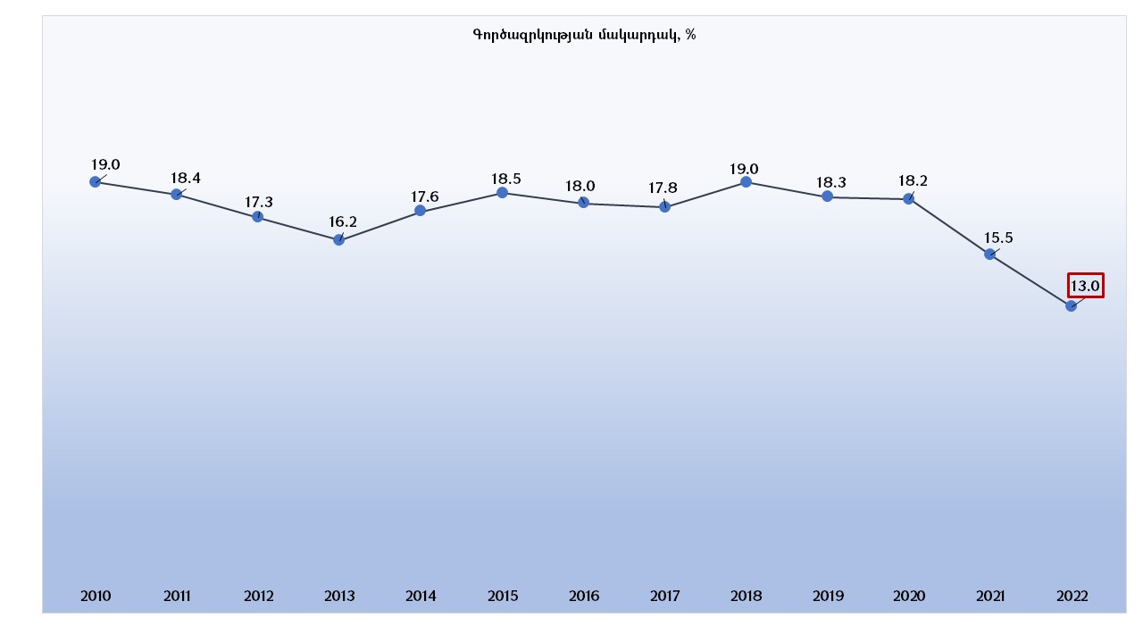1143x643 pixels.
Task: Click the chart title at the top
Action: pyautogui.click(x=584, y=35)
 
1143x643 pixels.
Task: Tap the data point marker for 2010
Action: pyautogui.click(x=95, y=182)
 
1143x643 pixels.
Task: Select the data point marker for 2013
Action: pyautogui.click(x=338, y=239)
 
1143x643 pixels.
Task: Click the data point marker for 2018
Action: pyautogui.click(x=746, y=182)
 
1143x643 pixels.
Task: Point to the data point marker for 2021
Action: pyautogui.click(x=989, y=255)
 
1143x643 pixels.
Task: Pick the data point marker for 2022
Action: pyautogui.click(x=1071, y=305)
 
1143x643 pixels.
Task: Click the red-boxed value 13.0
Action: pyautogui.click(x=1085, y=286)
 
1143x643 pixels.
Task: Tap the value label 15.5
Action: pyautogui.click(x=997, y=238)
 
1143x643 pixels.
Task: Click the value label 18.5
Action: pyautogui.click(x=506, y=179)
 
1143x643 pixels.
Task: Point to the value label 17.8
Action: pyautogui.click(x=663, y=188)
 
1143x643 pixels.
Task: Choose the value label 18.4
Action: pyautogui.click(x=186, y=178)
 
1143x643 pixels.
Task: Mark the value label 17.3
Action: pyautogui.click(x=258, y=202)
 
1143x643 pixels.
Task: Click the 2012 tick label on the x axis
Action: pyautogui.click(x=258, y=597)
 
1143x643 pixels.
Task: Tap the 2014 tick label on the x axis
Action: pyautogui.click(x=421, y=597)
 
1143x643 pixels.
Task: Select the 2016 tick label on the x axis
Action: pyautogui.click(x=583, y=597)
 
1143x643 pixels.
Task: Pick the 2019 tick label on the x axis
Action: pyautogui.click(x=828, y=597)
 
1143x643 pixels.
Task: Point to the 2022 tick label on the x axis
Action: pyautogui.click(x=1072, y=597)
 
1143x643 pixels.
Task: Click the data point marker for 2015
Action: pyautogui.click(x=502, y=193)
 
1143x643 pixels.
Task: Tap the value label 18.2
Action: pyautogui.click(x=913, y=181)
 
